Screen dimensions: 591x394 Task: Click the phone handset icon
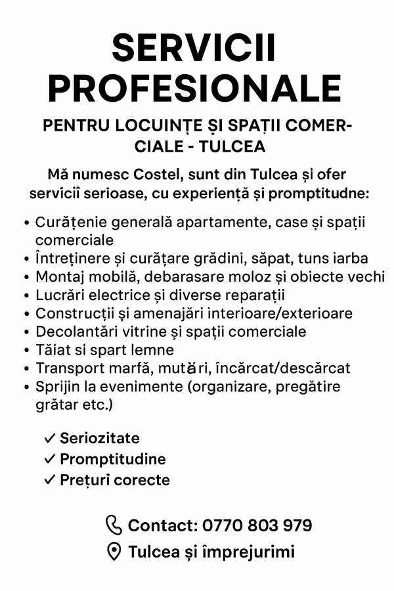[x=114, y=525]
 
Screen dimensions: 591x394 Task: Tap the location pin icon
[x=114, y=552]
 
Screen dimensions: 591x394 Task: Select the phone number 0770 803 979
[x=257, y=525]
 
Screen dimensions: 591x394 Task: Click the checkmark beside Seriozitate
[x=49, y=438]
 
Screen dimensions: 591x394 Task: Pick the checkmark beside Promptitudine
[x=49, y=459]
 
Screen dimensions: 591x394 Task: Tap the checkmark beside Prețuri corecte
[x=49, y=480]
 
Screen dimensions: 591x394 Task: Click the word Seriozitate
[x=100, y=438]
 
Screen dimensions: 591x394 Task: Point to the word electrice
[x=111, y=295]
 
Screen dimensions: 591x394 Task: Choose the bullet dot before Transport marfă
[x=26, y=368]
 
